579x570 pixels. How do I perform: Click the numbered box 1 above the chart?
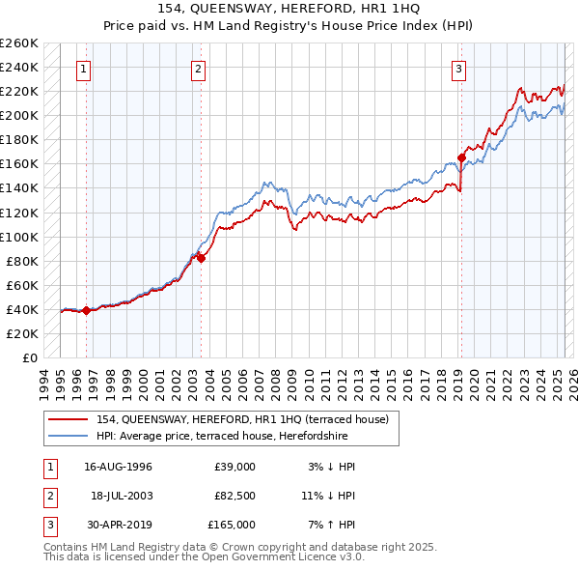tap(85, 69)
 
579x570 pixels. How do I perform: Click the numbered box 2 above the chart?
tap(198, 69)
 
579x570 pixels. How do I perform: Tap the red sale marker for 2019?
tap(461, 157)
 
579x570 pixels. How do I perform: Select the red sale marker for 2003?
tap(202, 257)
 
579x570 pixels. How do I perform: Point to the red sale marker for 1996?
tap(86, 310)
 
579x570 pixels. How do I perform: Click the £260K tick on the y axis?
tap(19, 43)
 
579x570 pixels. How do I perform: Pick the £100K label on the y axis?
tap(19, 237)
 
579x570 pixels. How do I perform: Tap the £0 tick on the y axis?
tap(30, 357)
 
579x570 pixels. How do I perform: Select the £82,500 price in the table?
tap(234, 496)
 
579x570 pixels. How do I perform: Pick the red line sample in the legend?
tap(69, 419)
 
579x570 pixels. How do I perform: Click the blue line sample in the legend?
tap(69, 436)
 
